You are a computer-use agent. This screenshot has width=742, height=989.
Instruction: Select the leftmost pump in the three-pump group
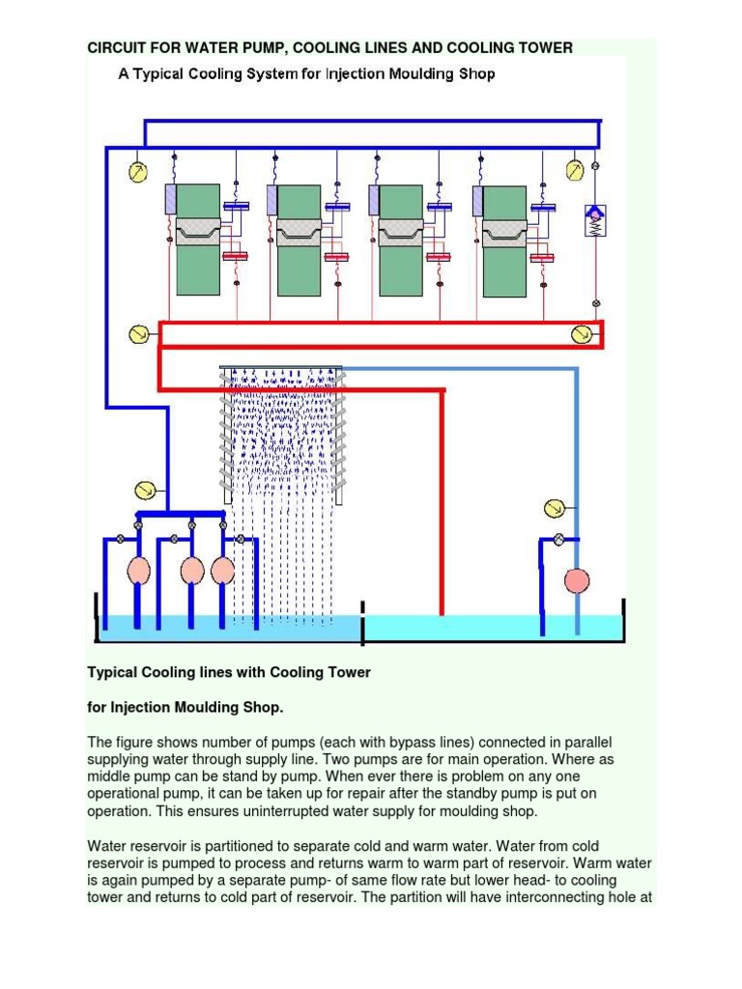click(139, 570)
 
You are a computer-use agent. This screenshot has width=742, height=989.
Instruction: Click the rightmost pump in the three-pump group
click(223, 570)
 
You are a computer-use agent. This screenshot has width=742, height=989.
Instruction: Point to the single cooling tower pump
click(577, 580)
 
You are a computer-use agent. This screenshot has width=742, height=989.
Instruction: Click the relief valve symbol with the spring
click(594, 220)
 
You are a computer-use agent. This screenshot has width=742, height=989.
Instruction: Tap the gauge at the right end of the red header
click(582, 334)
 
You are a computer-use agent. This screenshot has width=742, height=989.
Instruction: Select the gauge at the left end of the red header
click(139, 334)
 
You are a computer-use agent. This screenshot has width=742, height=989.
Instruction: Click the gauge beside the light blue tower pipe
click(554, 507)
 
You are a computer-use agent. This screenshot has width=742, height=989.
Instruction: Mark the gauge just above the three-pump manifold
click(146, 488)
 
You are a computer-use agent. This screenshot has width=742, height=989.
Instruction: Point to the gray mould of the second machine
click(300, 232)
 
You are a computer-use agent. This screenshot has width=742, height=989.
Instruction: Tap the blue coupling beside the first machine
click(236, 206)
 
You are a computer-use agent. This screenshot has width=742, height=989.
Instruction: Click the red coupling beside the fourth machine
click(542, 257)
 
